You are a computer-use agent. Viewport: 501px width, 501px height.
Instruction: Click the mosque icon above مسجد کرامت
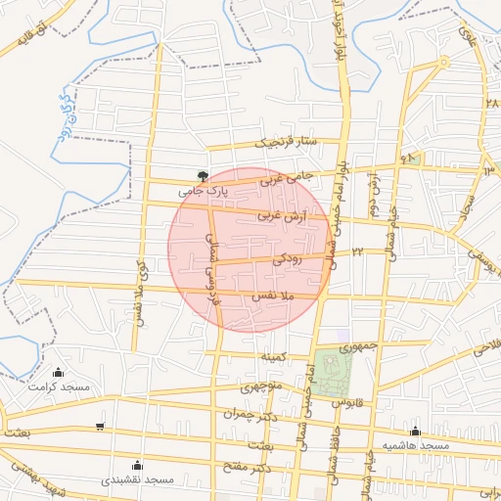pos(58,372)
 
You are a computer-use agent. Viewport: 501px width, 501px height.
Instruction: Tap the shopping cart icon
pos(100,426)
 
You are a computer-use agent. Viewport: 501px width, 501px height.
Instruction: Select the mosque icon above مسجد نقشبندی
pos(137,465)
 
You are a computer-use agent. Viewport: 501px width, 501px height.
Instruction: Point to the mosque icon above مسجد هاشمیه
pos(415,431)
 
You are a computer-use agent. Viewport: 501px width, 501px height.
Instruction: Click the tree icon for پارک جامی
pos(203,176)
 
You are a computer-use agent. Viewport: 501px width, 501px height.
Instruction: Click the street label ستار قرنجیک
pos(288,143)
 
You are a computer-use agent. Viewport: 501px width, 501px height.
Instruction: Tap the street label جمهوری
pos(357,346)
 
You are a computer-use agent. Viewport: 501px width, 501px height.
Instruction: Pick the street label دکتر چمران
pos(245,414)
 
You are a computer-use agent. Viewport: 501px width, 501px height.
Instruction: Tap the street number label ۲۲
pos(358,252)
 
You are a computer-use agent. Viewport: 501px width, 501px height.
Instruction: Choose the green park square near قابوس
pos(336,373)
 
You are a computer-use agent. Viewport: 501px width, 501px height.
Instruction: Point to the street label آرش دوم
pos(373,193)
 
